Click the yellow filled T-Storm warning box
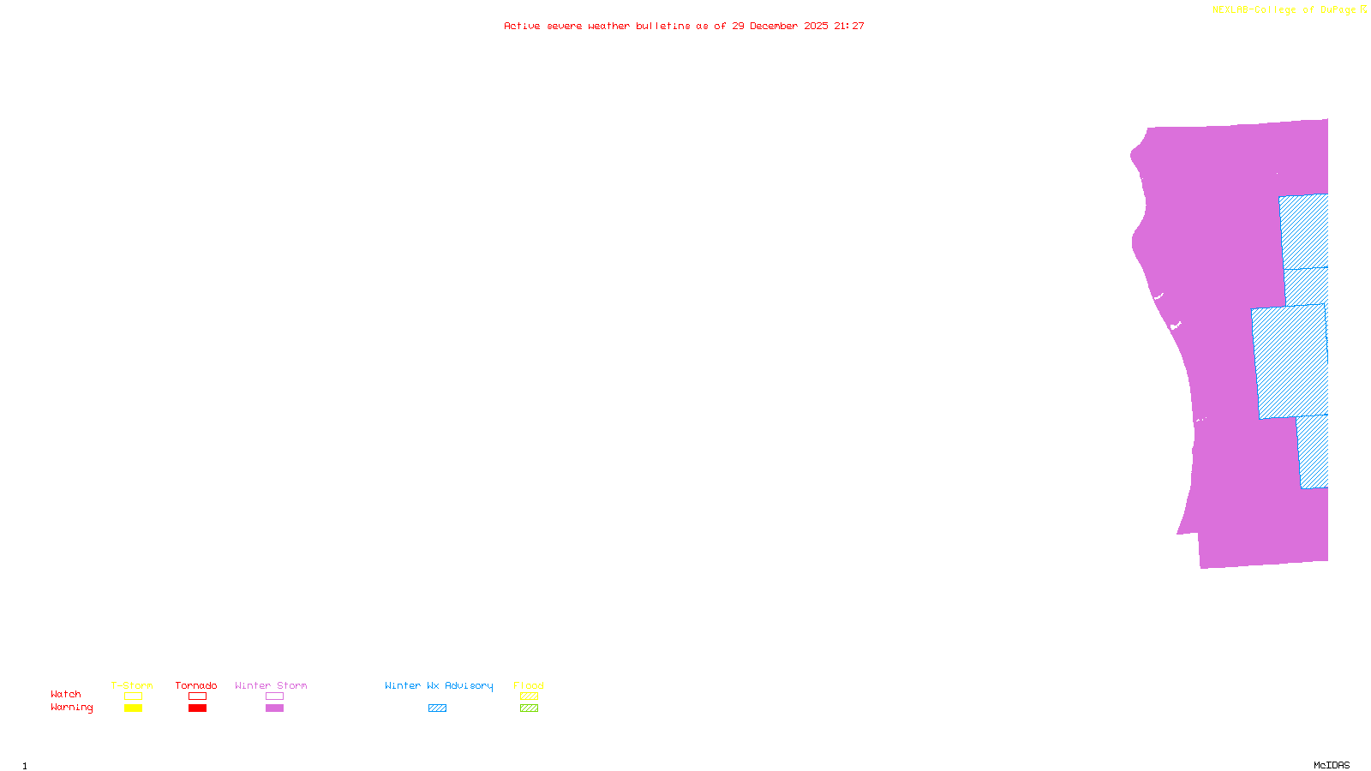point(133,708)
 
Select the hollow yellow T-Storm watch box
point(133,696)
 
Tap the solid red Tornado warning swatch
point(197,708)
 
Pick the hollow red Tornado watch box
point(197,696)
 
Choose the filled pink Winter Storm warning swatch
point(274,708)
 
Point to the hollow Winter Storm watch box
point(274,696)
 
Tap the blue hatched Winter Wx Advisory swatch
point(437,708)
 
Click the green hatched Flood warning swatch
point(529,708)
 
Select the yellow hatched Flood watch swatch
point(529,696)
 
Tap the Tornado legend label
point(196,685)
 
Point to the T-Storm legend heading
point(132,685)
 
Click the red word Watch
point(66,695)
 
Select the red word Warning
point(72,708)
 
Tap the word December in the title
point(774,26)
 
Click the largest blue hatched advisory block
point(1290,362)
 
